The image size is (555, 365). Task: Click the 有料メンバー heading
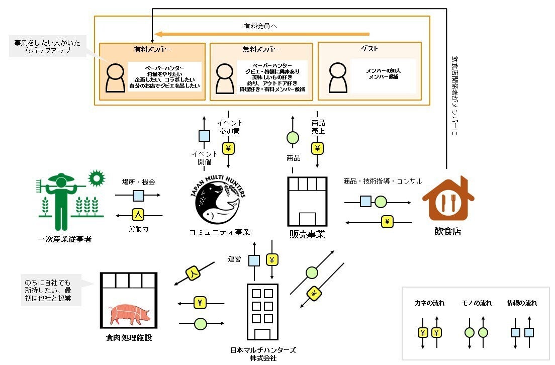(152, 49)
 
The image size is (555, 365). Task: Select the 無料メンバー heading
(261, 49)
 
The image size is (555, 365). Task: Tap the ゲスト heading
(369, 49)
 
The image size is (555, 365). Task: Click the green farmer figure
(61, 201)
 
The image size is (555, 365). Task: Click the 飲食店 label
(447, 231)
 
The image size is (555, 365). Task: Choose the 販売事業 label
(307, 234)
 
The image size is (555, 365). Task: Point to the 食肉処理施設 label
(129, 338)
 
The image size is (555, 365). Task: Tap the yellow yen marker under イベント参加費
(229, 148)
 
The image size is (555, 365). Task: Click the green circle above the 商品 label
(292, 138)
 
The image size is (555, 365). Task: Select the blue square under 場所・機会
(138, 195)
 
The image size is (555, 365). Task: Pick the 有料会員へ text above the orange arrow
(261, 25)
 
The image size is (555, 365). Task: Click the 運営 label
(235, 259)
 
